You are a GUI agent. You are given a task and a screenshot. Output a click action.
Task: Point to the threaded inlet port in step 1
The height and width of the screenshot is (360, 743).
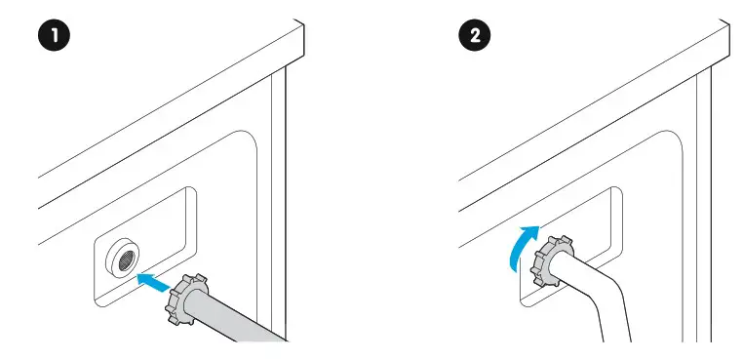click(125, 257)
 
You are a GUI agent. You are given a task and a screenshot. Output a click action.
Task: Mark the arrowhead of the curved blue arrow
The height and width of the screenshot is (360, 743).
click(528, 231)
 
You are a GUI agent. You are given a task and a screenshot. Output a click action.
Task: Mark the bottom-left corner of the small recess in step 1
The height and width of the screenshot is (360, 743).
click(99, 300)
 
